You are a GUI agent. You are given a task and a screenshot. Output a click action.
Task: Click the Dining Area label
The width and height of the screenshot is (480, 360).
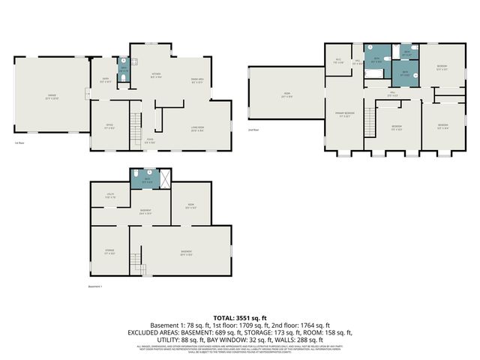[198, 79]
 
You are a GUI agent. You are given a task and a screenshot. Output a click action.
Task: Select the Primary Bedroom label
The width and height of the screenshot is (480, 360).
[345, 114]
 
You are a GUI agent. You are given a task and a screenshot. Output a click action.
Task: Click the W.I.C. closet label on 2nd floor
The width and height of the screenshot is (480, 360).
[338, 61]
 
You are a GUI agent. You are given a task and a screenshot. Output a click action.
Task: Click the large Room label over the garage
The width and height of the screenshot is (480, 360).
[286, 96]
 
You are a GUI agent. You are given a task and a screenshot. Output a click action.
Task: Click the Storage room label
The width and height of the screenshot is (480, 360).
[109, 252]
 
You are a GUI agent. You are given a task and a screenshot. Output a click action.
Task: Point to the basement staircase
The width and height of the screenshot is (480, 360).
[136, 263]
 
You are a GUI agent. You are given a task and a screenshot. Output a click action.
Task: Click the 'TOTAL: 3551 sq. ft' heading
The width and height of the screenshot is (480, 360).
[239, 319]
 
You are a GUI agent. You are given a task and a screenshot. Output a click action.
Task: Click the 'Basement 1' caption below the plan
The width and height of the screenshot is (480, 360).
[95, 286]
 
